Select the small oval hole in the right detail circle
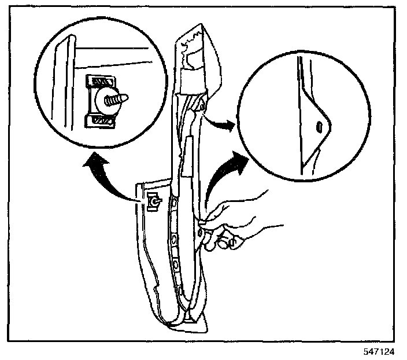click(x=318, y=126)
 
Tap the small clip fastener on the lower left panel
click(x=154, y=202)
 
